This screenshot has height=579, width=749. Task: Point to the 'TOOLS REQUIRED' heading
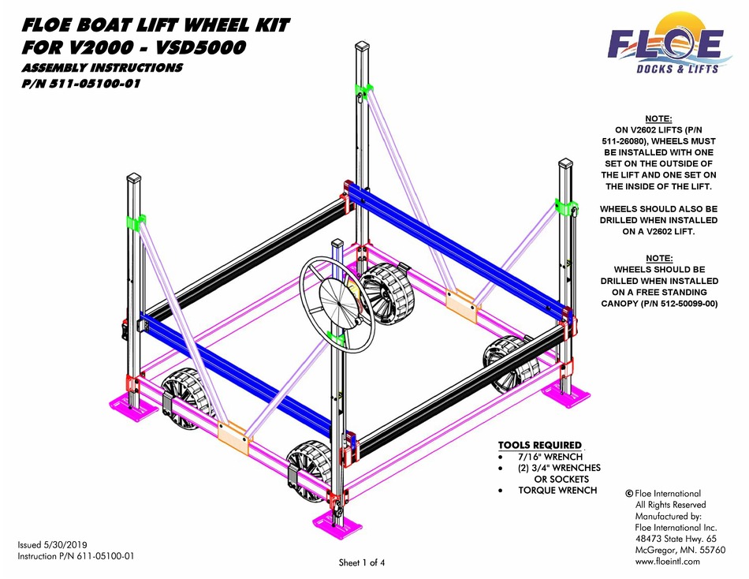(540, 445)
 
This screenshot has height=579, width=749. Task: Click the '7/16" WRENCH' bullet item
(550, 457)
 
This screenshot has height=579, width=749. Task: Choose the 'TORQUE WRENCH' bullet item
(557, 490)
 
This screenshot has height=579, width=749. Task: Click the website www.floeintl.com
(668, 561)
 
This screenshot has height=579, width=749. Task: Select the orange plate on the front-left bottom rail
(233, 436)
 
